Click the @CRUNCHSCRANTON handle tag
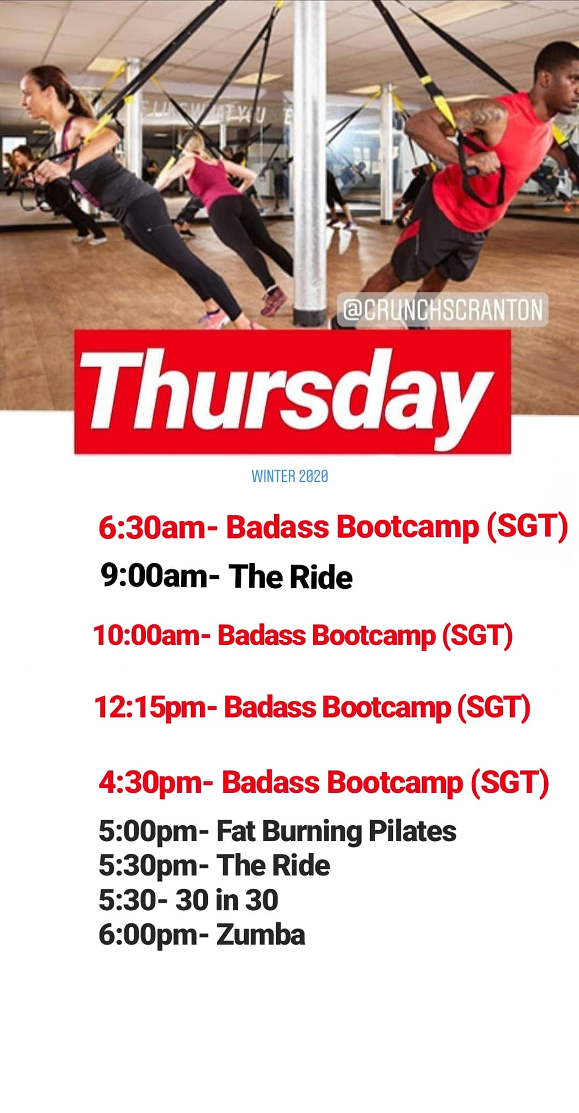[x=443, y=309]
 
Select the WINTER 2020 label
[x=289, y=476]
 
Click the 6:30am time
[x=152, y=528]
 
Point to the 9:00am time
[x=154, y=576]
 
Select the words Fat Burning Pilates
[x=336, y=832]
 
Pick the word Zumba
[x=260, y=935]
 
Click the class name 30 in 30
[x=227, y=900]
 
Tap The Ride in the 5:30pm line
[x=273, y=866]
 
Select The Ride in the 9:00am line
[x=291, y=577]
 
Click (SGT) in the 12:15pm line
[x=493, y=708]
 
